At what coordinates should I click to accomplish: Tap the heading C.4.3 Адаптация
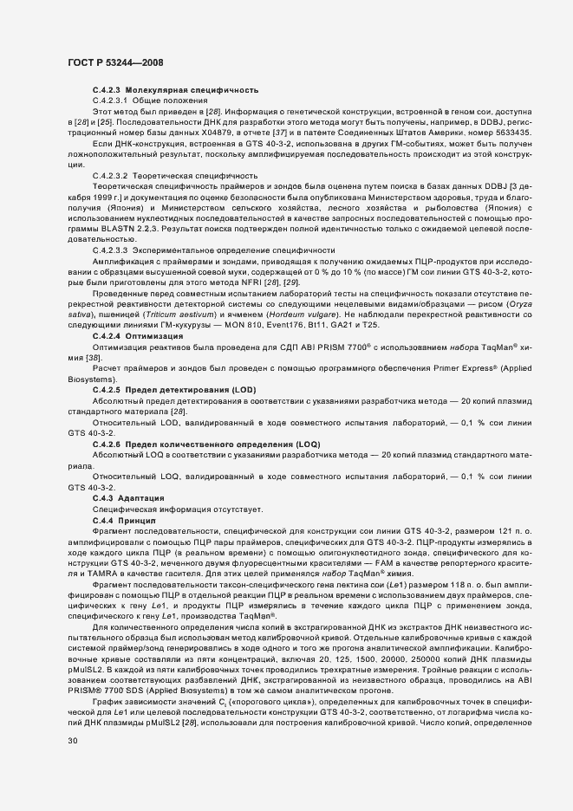pos(130,499)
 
